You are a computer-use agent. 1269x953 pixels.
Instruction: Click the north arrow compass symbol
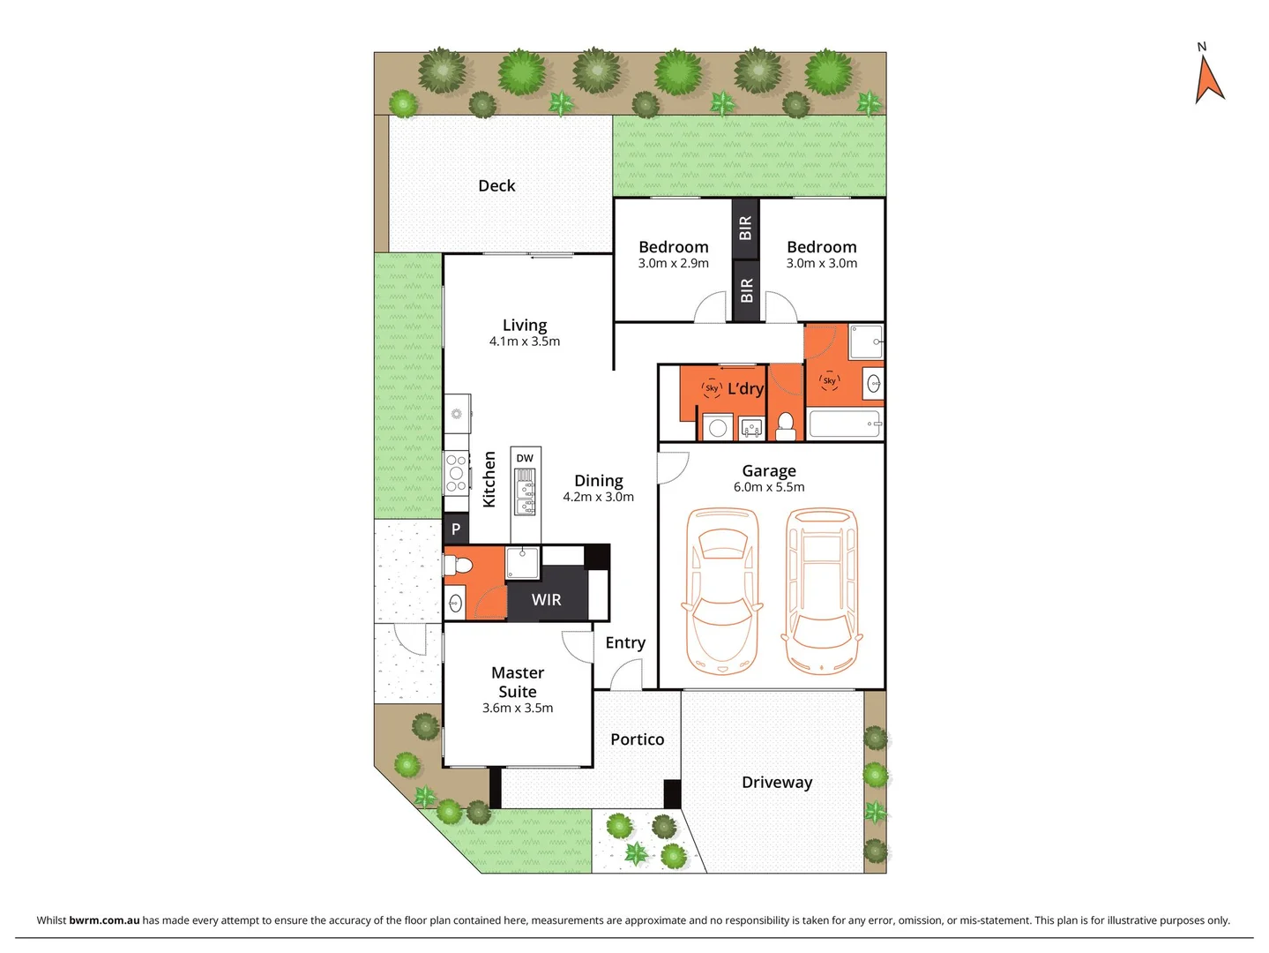(1208, 78)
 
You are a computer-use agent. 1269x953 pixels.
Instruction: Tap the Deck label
(496, 186)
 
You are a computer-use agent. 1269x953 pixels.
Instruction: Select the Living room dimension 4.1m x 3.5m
(525, 341)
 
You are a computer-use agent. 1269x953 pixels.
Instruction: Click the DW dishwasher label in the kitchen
(525, 458)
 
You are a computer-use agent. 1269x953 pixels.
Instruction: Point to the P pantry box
(456, 529)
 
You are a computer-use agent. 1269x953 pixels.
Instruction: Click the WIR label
(546, 600)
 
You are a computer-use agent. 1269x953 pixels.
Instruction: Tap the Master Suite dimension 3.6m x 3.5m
(518, 708)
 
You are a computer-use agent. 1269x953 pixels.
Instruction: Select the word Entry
(625, 643)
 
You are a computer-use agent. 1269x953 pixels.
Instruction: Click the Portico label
(637, 739)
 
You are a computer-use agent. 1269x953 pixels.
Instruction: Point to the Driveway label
(777, 783)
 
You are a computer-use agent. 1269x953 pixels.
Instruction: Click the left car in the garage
(722, 591)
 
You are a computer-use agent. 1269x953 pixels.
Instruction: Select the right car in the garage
(821, 591)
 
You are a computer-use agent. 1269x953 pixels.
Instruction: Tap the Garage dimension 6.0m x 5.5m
(769, 487)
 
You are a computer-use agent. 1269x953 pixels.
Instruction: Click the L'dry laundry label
(745, 389)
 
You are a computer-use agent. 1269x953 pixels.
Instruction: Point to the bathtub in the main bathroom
(845, 424)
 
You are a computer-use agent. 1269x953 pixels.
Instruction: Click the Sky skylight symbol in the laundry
(712, 388)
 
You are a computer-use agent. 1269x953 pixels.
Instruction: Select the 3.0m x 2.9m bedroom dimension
(674, 263)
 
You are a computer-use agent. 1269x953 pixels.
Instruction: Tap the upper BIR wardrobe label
(746, 228)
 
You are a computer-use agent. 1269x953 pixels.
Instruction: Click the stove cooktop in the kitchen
(456, 473)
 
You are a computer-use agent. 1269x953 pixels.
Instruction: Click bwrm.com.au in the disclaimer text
(104, 920)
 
